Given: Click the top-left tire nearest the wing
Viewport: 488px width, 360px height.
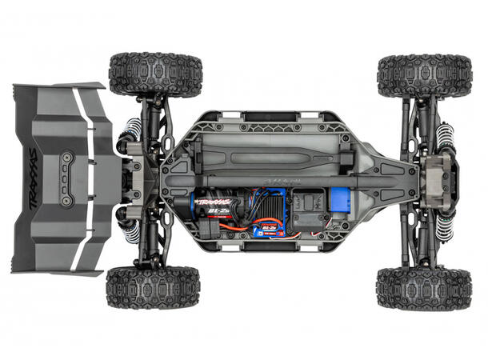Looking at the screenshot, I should click(155, 74).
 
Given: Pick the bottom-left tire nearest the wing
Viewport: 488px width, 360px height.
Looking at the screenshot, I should click(153, 286).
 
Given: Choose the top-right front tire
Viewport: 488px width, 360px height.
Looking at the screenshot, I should click(424, 74).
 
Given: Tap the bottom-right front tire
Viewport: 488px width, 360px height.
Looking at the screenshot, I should click(423, 288).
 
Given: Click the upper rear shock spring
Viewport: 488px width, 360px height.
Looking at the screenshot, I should click(132, 131).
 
